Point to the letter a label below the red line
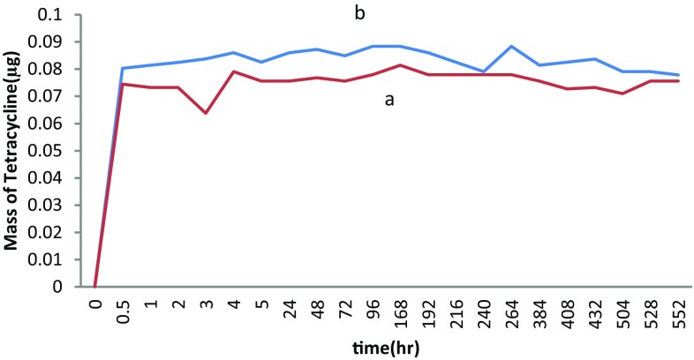388,100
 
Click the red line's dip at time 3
206,113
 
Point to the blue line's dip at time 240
483,71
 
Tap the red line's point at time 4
233,71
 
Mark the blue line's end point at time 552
678,75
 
